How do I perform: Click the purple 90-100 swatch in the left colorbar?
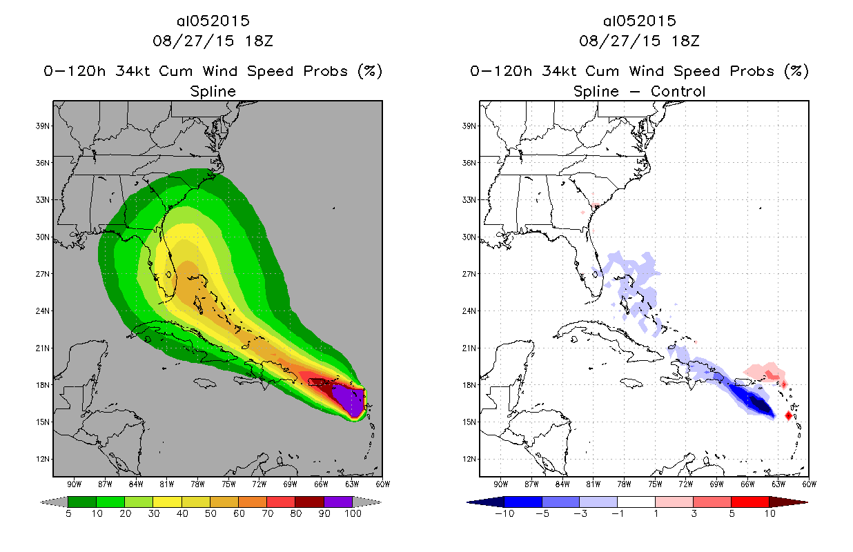click(338, 502)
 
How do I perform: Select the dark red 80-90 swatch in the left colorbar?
click(309, 502)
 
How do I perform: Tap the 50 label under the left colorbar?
click(210, 513)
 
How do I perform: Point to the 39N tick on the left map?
click(43, 126)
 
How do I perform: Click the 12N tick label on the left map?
click(43, 459)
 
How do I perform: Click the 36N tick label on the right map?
click(469, 163)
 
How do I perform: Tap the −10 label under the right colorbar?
click(504, 513)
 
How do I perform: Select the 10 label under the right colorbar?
click(769, 513)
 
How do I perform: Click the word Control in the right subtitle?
click(678, 91)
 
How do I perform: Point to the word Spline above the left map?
click(213, 91)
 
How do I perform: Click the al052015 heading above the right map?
click(639, 21)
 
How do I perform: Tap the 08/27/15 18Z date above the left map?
click(213, 41)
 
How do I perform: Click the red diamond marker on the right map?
click(789, 415)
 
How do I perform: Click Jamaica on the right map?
click(632, 382)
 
